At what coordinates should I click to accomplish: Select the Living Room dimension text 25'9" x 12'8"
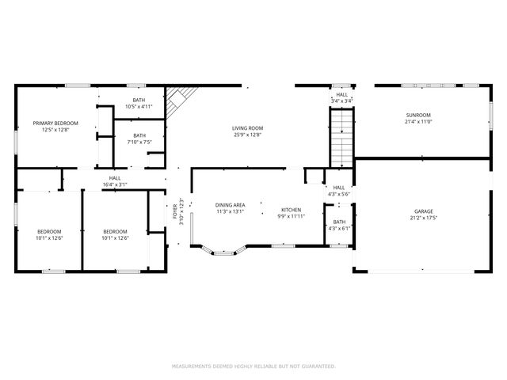(248, 135)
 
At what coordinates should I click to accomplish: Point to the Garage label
(424, 211)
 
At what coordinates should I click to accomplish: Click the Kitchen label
(291, 209)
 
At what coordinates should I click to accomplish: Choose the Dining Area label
(230, 205)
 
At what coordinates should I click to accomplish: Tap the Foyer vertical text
(175, 212)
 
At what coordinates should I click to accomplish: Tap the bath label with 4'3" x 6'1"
(339, 222)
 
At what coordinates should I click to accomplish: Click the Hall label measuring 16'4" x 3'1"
(115, 178)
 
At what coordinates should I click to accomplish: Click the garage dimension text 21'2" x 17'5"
(424, 218)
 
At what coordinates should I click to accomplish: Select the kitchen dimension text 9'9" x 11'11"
(291, 215)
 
